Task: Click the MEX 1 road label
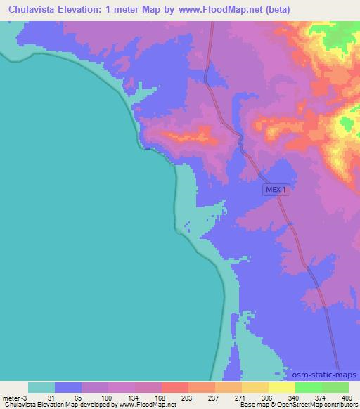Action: [x=276, y=190]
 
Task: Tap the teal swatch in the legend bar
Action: [x=41, y=387]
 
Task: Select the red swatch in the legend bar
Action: [x=175, y=387]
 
